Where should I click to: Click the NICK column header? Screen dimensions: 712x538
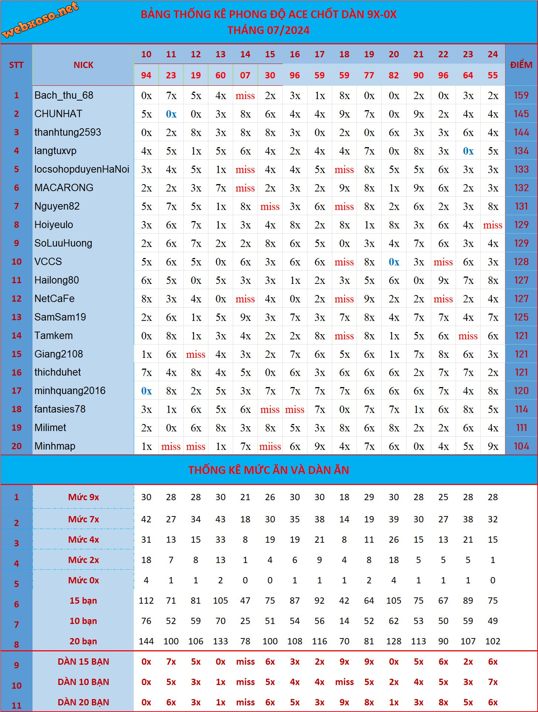83,65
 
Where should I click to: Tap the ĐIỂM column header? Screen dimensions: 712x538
521,65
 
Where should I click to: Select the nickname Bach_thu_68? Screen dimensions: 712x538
64,95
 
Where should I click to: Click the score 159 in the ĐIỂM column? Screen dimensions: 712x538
521,95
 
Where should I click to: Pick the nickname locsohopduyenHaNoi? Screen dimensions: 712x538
82,169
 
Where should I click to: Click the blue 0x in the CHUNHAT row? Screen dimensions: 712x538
171,114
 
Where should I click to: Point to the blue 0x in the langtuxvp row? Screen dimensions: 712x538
468,151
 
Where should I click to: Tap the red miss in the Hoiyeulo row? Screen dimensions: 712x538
493,225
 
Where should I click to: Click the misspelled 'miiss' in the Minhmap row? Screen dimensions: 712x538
270,447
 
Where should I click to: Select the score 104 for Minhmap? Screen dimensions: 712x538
521,446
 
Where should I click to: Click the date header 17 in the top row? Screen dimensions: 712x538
320,54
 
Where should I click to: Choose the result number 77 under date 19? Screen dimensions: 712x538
369,75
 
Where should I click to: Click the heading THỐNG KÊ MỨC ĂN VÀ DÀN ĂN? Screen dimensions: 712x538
269,470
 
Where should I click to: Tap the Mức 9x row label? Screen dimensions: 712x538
83,497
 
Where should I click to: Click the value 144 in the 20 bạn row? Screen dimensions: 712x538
146,641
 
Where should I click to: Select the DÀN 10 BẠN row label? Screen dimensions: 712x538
83,682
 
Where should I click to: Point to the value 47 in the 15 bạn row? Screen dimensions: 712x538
245,601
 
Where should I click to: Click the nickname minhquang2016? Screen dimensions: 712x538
70,391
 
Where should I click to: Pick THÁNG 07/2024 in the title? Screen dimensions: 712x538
269,30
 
